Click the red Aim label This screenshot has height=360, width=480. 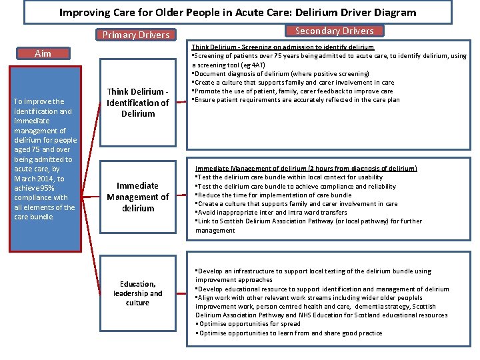[x=43, y=53]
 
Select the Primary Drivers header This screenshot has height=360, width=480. [x=136, y=35]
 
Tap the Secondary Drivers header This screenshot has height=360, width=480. [x=334, y=31]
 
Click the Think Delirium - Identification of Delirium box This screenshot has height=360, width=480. [x=138, y=103]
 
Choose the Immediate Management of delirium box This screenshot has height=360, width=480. [x=138, y=197]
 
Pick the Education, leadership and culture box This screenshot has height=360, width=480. [x=138, y=293]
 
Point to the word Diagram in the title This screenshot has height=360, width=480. [x=393, y=12]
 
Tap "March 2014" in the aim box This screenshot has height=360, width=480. [x=33, y=179]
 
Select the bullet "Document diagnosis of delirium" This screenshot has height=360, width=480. [x=280, y=73]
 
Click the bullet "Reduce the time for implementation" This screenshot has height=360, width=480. [x=273, y=195]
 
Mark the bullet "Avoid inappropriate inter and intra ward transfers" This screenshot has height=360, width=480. [x=271, y=213]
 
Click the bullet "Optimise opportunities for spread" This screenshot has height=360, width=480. [x=248, y=324]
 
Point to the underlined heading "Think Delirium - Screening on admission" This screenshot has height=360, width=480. [x=283, y=47]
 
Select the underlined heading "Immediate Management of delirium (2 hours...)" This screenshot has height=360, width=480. [x=306, y=168]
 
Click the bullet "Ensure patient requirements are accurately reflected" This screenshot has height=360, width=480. [x=296, y=99]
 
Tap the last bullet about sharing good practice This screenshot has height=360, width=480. [x=289, y=333]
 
